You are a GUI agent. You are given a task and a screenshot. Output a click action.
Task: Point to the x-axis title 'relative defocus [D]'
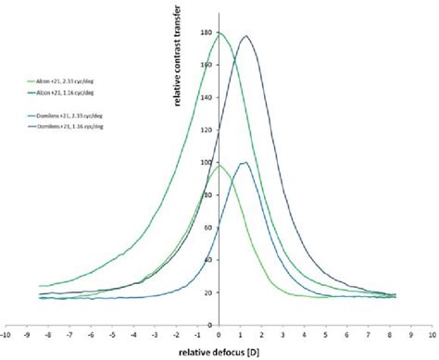(x=219, y=352)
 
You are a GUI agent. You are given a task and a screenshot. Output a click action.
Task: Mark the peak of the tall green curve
(x=219, y=33)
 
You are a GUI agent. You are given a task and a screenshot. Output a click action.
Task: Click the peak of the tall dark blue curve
(x=246, y=36)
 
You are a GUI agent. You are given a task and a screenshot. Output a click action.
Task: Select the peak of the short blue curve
(x=244, y=163)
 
